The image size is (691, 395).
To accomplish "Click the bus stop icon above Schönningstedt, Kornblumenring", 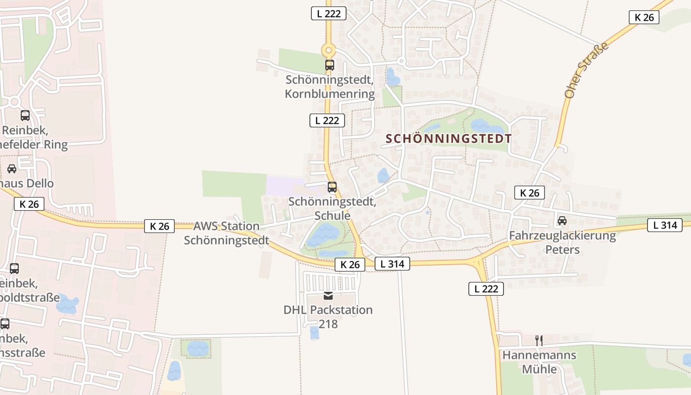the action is (329, 65).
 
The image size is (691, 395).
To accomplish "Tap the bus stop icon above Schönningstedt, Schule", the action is (332, 187).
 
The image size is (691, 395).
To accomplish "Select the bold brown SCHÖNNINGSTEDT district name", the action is (449, 138).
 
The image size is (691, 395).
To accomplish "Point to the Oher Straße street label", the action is (586, 70).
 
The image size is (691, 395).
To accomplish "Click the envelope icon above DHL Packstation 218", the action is (328, 296).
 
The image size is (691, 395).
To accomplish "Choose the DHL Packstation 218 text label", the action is (328, 317).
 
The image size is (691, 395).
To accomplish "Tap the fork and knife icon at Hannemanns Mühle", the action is (539, 340).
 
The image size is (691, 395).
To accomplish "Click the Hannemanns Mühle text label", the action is (539, 362).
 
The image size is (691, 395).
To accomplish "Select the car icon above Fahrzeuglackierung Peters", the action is (562, 220).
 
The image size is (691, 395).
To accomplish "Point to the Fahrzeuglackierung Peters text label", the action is (562, 242).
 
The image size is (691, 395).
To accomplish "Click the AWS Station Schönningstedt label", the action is (227, 233).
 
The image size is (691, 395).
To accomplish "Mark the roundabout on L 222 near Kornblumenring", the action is (328, 50).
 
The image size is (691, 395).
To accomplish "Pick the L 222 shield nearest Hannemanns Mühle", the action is (486, 289).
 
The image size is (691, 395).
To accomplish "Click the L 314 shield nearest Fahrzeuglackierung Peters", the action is (665, 225).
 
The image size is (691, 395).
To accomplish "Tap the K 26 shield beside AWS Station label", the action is (159, 226).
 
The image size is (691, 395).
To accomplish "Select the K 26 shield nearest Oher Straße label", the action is (644, 17).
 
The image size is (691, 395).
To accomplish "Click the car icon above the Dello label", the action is (11, 169).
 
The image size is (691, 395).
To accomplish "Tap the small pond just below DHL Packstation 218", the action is (314, 333).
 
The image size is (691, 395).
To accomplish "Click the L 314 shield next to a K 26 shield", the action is (392, 264).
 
